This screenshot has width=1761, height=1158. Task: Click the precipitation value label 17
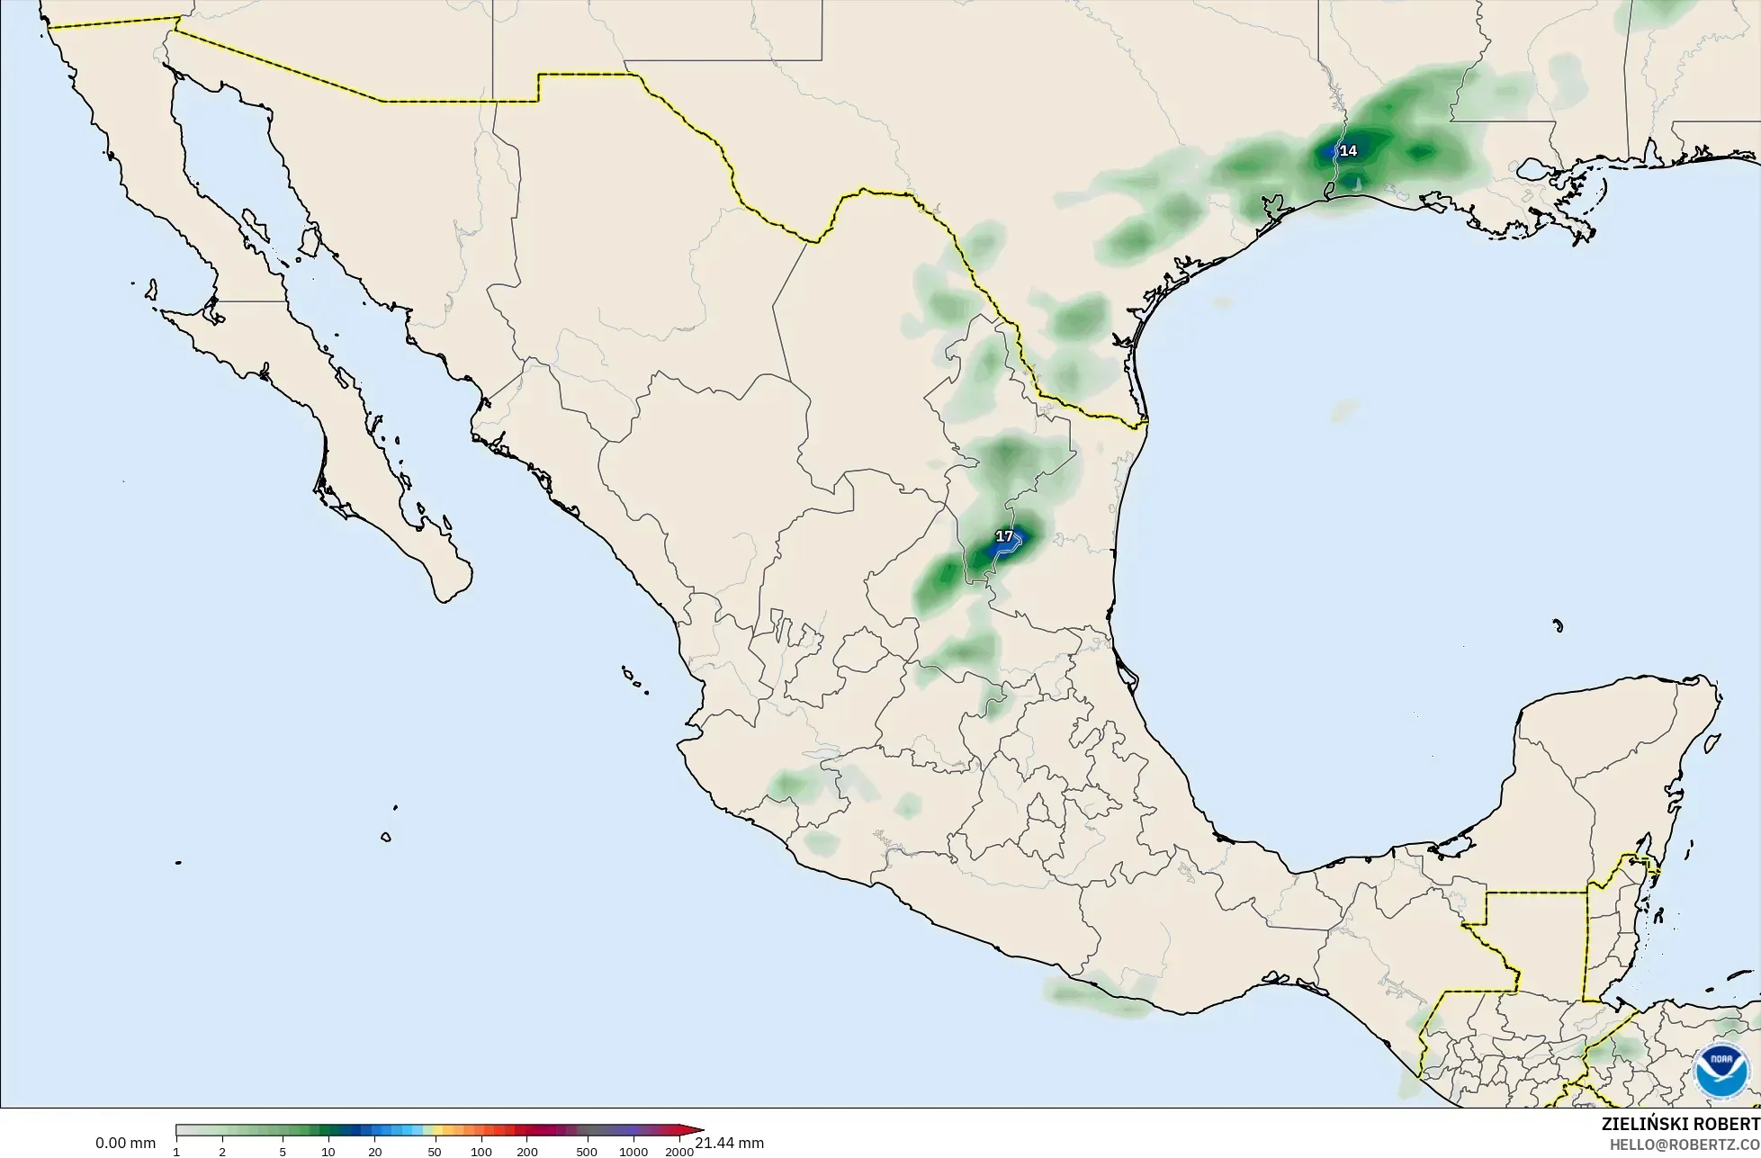point(1004,536)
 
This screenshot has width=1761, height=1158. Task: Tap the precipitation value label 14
point(1348,151)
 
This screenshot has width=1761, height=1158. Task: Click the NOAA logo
point(1721,1072)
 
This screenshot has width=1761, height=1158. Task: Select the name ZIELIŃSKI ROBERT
point(1680,1124)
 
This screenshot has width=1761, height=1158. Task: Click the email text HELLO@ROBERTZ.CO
point(1685,1145)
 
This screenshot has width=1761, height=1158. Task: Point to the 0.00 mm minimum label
point(125,1143)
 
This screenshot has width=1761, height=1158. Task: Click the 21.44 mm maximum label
point(730,1143)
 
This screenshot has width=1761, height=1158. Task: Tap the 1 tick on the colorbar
point(176,1152)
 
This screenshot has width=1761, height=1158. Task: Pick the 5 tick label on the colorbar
point(283,1152)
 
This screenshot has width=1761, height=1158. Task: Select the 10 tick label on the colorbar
point(328,1152)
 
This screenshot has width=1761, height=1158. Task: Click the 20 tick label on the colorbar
point(375,1152)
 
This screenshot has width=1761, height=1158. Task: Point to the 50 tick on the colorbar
point(435,1152)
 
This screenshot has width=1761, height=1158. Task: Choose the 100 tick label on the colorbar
point(481,1152)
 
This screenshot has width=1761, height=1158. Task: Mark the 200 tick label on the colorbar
point(527,1152)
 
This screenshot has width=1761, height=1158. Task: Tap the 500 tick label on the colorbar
point(587,1152)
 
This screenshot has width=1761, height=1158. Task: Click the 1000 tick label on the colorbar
point(633,1152)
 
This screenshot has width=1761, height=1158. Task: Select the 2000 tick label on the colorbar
point(679,1152)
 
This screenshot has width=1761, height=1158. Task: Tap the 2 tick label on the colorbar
point(222,1152)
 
